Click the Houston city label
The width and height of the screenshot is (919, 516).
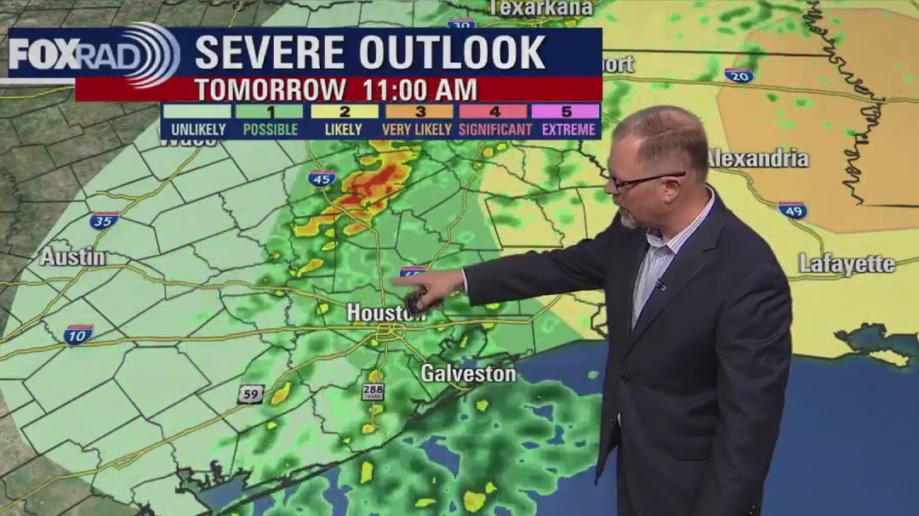point(385,313)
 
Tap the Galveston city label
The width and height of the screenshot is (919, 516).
point(468,373)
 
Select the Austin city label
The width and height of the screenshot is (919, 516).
point(73,257)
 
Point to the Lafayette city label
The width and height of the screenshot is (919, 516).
point(847,264)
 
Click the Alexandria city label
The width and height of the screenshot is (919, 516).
point(757,158)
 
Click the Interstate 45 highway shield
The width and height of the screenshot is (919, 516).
point(322,179)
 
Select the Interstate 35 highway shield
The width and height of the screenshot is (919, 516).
point(104,221)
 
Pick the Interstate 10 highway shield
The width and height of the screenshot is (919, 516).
point(77,334)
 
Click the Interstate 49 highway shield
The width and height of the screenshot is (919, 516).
point(792,210)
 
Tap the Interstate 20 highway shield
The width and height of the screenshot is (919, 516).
point(739,75)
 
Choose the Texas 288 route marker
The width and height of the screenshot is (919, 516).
point(373,391)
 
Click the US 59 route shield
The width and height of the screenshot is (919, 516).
point(251,394)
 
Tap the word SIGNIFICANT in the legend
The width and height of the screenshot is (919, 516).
point(496,130)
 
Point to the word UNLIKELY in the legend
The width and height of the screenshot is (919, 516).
point(197,130)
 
